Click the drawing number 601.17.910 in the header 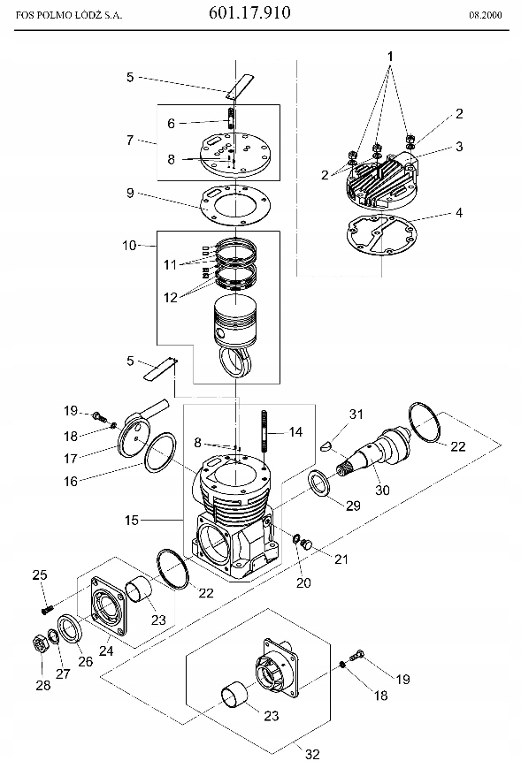(249, 12)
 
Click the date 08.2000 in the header (486, 15)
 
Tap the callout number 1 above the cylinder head (390, 56)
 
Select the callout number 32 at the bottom (312, 754)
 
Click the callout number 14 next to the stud (295, 432)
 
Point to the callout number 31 (356, 414)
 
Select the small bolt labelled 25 (48, 609)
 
